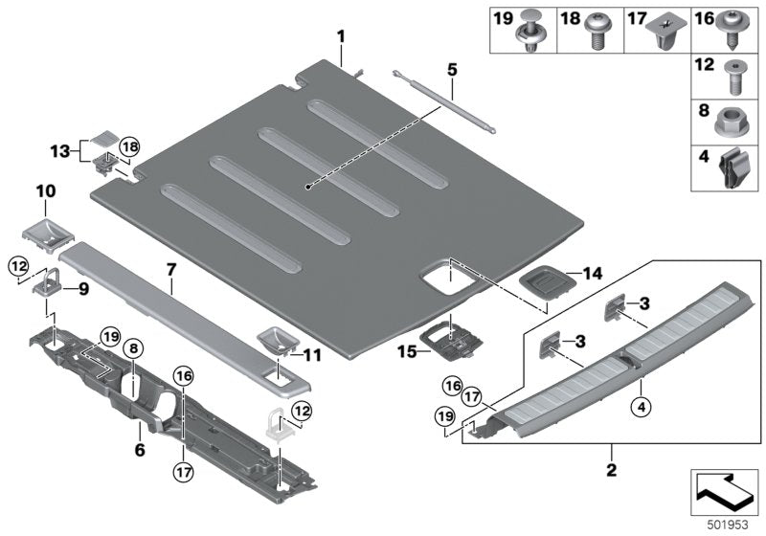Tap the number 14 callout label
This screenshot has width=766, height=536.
click(593, 273)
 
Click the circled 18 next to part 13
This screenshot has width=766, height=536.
click(129, 146)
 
